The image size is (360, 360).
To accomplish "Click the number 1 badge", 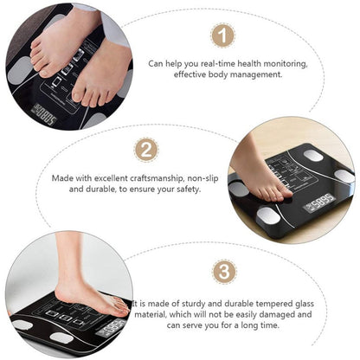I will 223,35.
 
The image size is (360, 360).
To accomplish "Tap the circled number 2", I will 146,150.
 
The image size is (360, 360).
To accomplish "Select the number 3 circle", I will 225,272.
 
